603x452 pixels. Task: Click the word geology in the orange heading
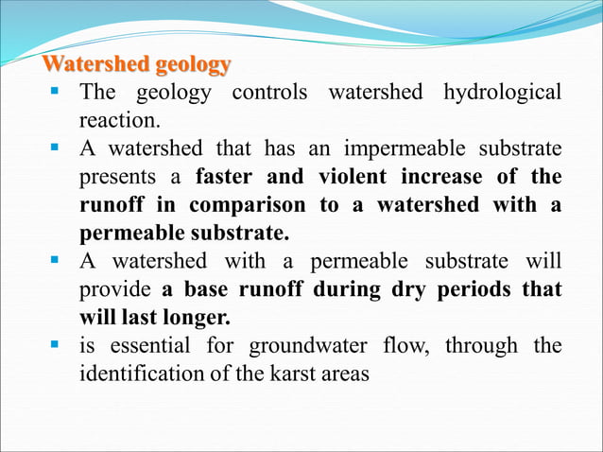(193, 65)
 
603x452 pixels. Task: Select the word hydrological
(501, 93)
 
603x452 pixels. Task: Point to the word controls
(270, 93)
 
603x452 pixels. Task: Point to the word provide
(114, 289)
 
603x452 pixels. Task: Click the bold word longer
(196, 317)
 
